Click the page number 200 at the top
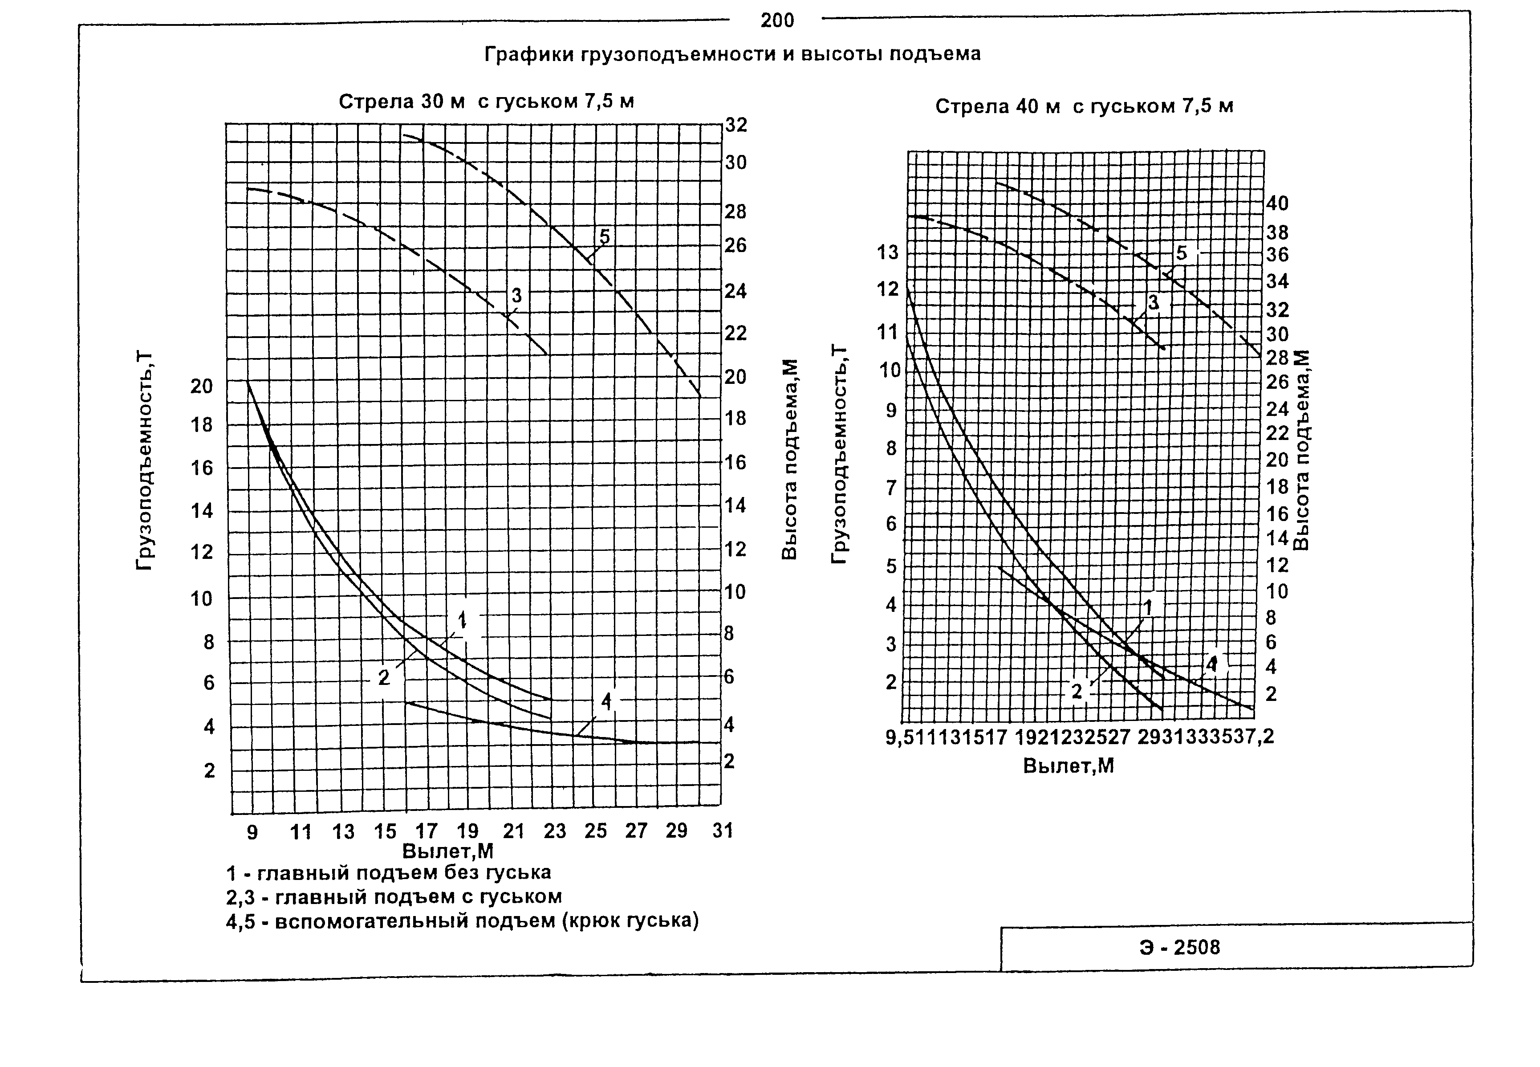[777, 21]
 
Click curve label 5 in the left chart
[604, 236]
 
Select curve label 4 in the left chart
[606, 701]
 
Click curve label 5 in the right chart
[1182, 253]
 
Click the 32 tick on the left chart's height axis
[736, 125]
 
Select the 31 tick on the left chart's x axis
[723, 831]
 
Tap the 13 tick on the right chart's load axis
[888, 252]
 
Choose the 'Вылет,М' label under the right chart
[1068, 766]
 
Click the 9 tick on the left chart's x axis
[252, 832]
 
